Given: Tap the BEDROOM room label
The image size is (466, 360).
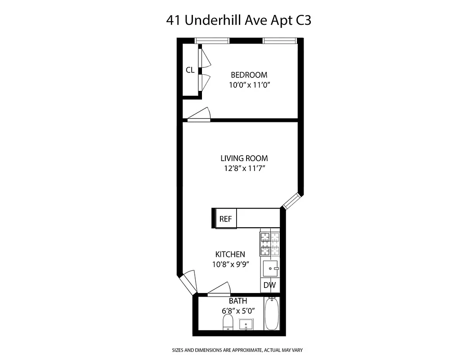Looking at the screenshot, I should point(249,75).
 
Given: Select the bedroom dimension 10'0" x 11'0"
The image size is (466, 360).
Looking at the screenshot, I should point(249,85).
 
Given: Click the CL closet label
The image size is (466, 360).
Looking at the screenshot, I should point(190,70).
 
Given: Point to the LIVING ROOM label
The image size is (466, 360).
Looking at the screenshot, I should point(244,158).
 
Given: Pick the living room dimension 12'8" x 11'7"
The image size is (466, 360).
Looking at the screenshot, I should point(244,169).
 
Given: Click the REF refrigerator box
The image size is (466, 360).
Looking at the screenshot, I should point(225,219).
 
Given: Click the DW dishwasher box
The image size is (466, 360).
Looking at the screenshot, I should point(269,285).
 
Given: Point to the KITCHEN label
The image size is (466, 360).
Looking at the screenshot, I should point(230,255).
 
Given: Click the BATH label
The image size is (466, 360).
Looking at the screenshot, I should point(237,301).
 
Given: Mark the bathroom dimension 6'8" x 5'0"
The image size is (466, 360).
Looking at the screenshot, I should point(237,310).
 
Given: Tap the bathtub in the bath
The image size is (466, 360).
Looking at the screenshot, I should point(272,314).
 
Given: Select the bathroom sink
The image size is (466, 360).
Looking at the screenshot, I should point(246,324).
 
